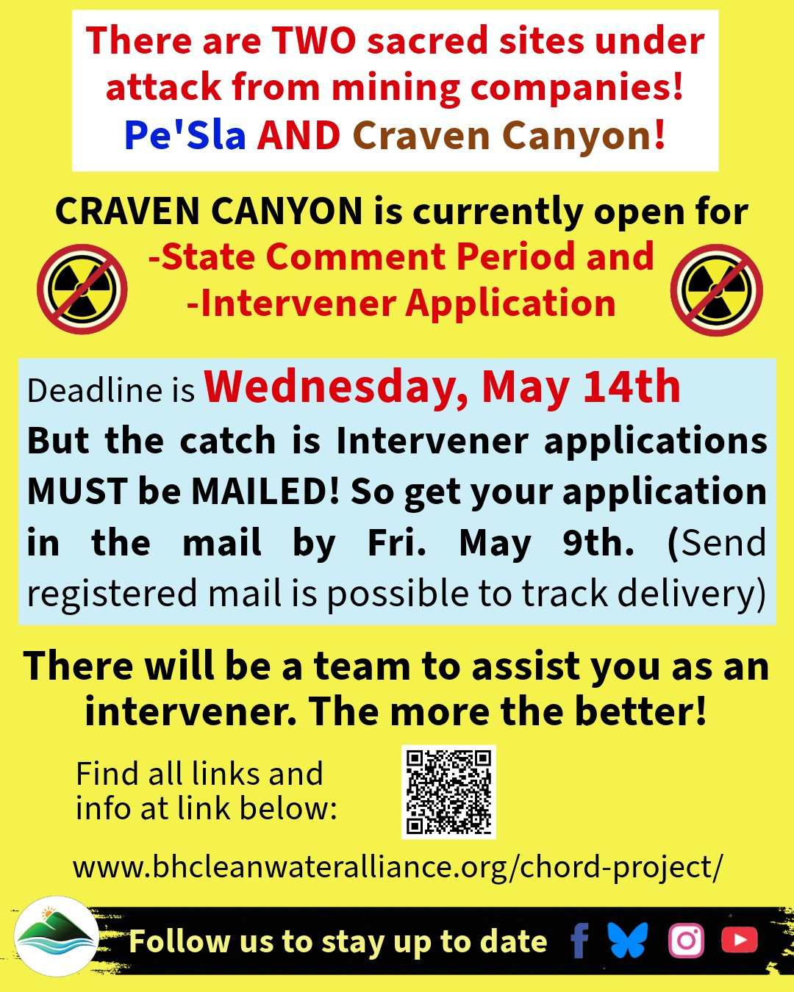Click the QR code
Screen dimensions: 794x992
pyautogui.click(x=448, y=792)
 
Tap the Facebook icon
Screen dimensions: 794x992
pyautogui.click(x=579, y=941)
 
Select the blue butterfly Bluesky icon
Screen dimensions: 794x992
pyautogui.click(x=627, y=940)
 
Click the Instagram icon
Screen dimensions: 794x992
pyautogui.click(x=686, y=941)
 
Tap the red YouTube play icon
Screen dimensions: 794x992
pyautogui.click(x=740, y=940)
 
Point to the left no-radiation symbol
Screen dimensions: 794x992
pyautogui.click(x=82, y=290)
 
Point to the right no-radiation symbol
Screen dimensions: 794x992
pyautogui.click(x=717, y=290)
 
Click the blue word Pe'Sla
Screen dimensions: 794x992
pyautogui.click(x=185, y=135)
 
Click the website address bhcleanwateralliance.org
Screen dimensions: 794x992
pyautogui.click(x=397, y=867)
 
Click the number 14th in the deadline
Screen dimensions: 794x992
pyautogui.click(x=632, y=387)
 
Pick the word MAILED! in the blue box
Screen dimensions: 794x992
pyautogui.click(x=265, y=491)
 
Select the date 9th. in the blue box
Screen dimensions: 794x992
pyautogui.click(x=598, y=542)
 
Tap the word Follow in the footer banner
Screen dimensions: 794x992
pyautogui.click(x=178, y=941)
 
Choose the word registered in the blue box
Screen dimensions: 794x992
pyautogui.click(x=112, y=594)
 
